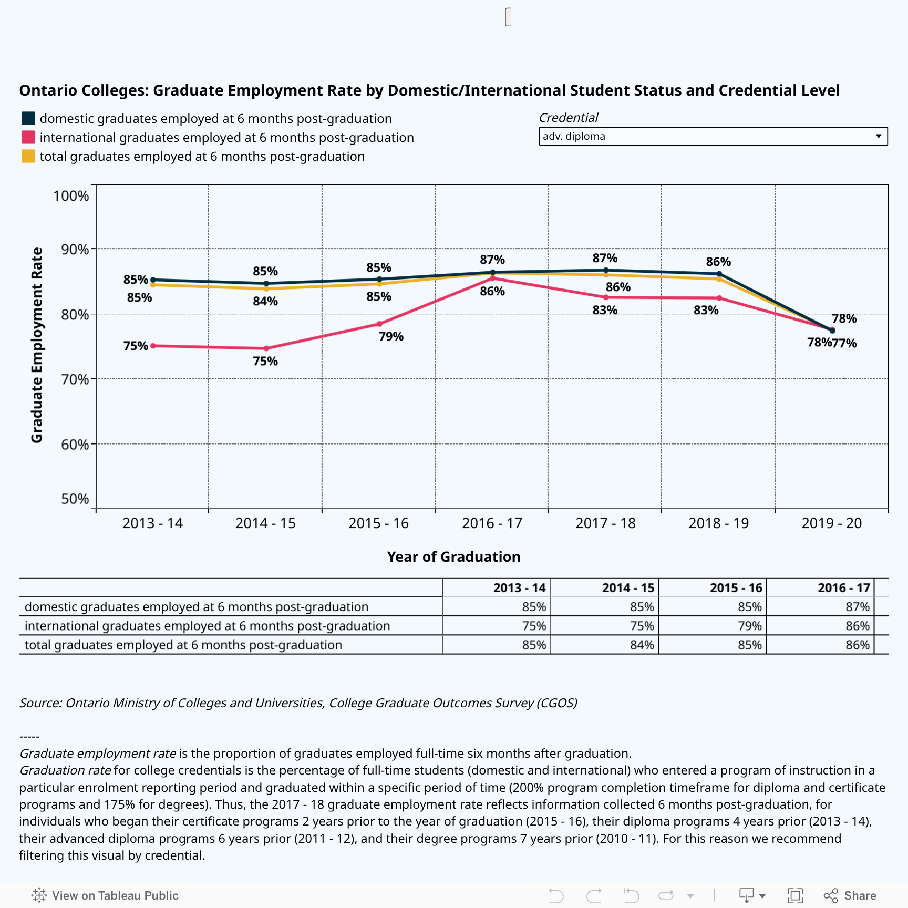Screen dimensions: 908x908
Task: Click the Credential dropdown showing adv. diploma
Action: click(x=713, y=136)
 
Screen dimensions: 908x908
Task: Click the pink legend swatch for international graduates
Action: click(x=28, y=138)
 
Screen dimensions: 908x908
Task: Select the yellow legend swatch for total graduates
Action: click(x=28, y=157)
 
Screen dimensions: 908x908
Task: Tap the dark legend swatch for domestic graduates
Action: click(x=28, y=119)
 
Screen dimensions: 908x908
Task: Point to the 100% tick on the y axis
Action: click(x=71, y=196)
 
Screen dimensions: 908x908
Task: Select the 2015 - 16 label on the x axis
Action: click(x=378, y=523)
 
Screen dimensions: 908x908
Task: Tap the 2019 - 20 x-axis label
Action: click(x=831, y=523)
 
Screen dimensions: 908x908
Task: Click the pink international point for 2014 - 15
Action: click(x=266, y=348)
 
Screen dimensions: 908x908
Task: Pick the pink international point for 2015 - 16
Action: click(x=379, y=324)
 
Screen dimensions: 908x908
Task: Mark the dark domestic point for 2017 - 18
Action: click(x=606, y=270)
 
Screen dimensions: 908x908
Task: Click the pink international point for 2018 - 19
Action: click(x=719, y=298)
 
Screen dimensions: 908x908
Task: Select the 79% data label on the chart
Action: click(x=391, y=337)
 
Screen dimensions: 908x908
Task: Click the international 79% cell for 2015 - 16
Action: click(x=749, y=626)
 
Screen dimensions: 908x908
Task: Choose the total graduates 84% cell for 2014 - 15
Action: click(x=642, y=645)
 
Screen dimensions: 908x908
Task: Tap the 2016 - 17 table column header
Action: click(x=843, y=588)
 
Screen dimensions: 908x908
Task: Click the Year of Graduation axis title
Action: click(x=453, y=557)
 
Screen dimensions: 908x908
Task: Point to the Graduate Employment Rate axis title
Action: click(x=37, y=345)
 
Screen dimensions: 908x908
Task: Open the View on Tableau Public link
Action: click(x=105, y=895)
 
